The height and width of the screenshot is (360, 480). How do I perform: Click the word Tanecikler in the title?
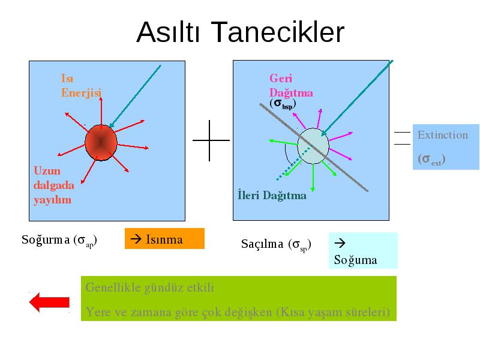(x=278, y=32)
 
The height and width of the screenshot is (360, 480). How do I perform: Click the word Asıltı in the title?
(x=168, y=32)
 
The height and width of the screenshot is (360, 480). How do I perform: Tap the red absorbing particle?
(x=101, y=143)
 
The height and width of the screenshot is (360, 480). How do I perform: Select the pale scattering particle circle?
(x=313, y=146)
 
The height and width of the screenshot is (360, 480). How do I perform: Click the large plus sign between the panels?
(x=211, y=140)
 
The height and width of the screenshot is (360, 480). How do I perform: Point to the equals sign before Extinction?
(x=402, y=138)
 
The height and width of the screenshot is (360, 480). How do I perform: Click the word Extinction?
(x=443, y=135)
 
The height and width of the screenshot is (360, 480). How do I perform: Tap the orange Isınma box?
(x=164, y=238)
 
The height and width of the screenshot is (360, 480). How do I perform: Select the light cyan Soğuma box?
(x=363, y=250)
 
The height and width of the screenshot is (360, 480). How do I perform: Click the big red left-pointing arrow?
(x=49, y=302)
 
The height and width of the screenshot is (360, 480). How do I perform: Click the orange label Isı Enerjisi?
(x=81, y=85)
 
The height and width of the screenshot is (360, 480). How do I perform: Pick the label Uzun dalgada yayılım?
(x=54, y=185)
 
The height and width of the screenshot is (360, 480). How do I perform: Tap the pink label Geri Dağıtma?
(x=291, y=85)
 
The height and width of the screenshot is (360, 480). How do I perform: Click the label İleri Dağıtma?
(x=272, y=196)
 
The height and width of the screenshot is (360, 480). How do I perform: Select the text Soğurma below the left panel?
(x=46, y=239)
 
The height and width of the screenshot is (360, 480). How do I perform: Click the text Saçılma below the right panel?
(x=262, y=244)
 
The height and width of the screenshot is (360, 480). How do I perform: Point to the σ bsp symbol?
(x=283, y=104)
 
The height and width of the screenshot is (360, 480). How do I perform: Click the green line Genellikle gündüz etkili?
(x=149, y=288)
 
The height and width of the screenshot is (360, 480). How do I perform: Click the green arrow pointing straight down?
(x=313, y=178)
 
